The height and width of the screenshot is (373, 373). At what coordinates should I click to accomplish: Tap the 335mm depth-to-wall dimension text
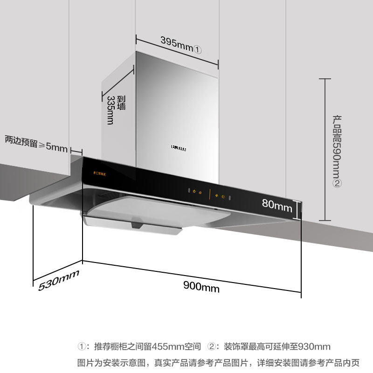(x=111, y=110)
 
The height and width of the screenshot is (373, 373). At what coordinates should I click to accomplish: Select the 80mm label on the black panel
(x=276, y=205)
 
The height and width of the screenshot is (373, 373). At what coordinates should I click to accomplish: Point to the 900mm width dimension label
(x=201, y=287)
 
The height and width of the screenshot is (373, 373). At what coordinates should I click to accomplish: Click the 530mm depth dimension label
(x=59, y=280)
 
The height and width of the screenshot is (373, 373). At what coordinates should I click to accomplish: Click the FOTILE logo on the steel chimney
(x=179, y=149)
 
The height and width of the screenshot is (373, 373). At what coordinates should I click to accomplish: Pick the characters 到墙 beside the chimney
(x=122, y=103)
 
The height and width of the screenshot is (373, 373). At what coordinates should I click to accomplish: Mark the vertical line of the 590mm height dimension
(x=326, y=149)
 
